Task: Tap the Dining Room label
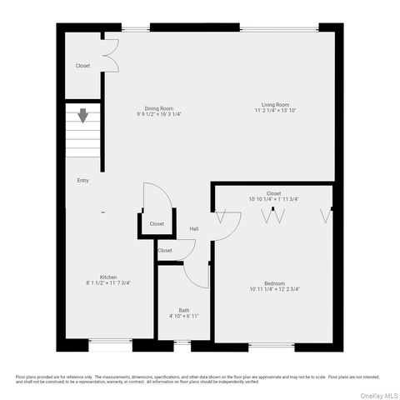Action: (158, 108)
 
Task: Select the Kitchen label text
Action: (108, 277)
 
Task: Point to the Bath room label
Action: (183, 311)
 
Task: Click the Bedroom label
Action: (275, 283)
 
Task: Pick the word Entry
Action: (82, 181)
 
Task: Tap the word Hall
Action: (193, 229)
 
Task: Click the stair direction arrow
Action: (83, 115)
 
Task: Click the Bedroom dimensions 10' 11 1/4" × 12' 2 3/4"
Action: (275, 290)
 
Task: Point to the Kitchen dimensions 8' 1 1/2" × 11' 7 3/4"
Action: (108, 283)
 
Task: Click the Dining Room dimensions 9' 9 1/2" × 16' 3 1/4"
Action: (158, 114)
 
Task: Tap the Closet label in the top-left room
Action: (82, 66)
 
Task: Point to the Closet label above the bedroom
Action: (273, 193)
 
